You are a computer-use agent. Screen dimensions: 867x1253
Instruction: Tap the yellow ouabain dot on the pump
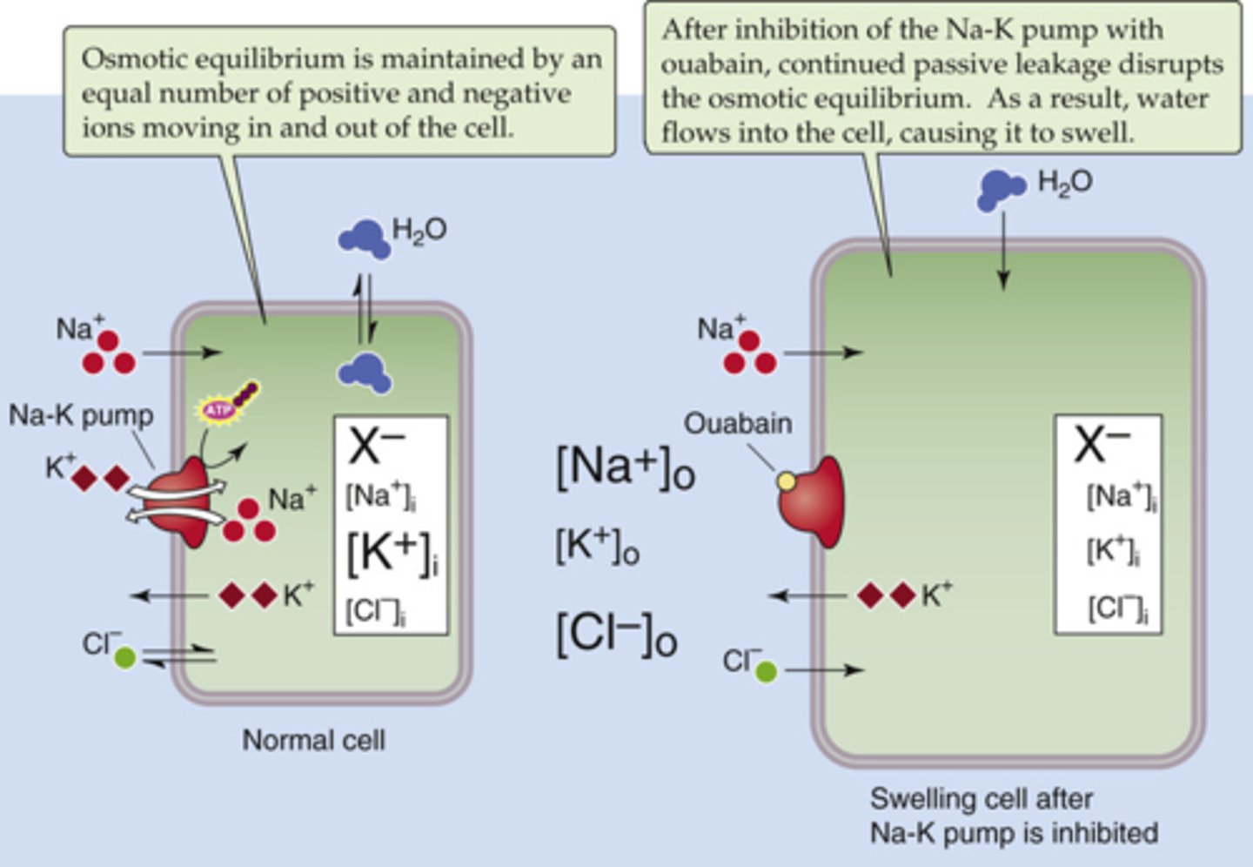(x=786, y=481)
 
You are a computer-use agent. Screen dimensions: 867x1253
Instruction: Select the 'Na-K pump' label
(x=81, y=416)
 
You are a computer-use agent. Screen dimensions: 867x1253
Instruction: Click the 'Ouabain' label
(x=738, y=424)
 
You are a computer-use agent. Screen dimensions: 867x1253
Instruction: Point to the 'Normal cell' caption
(x=313, y=741)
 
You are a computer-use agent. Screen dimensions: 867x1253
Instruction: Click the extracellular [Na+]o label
(x=625, y=468)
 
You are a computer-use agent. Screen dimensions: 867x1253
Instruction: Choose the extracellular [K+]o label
(x=598, y=548)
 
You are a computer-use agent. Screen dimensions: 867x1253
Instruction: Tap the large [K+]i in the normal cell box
(x=392, y=553)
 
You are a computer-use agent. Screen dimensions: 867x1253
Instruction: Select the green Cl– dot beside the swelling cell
(x=766, y=671)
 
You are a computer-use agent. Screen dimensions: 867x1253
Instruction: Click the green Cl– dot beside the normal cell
(x=125, y=657)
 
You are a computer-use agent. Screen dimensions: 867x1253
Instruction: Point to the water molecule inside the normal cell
(x=365, y=373)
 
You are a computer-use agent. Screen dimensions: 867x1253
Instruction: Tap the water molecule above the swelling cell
(x=1000, y=189)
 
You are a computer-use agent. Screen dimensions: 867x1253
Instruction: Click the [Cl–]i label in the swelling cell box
(x=1117, y=608)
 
